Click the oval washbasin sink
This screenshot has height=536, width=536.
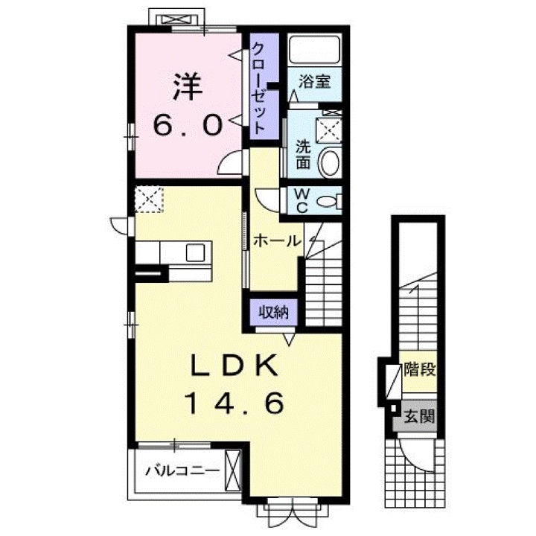330,162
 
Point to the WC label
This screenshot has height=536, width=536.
302,200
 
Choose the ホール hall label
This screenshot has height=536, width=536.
276,240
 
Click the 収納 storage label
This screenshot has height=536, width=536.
272,313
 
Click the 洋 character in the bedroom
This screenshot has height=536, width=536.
188,88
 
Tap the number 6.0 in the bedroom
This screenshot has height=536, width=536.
188,126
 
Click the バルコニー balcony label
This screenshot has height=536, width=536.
182,470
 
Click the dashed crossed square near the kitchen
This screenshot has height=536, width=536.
147,200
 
